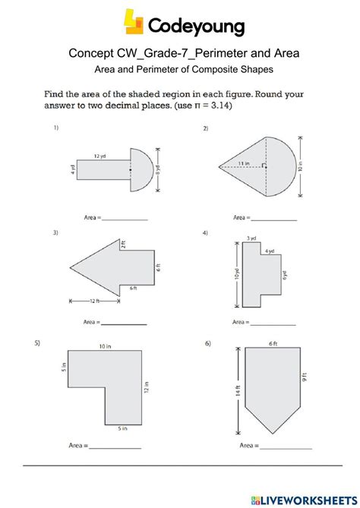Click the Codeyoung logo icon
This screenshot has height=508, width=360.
134,23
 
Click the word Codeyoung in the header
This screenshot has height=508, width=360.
196,27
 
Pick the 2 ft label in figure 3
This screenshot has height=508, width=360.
122,245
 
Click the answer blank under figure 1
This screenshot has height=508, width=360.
125,218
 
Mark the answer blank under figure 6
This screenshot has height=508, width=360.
285,445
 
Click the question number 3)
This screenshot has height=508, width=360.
56,233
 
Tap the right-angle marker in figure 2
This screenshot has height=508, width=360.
264,165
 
